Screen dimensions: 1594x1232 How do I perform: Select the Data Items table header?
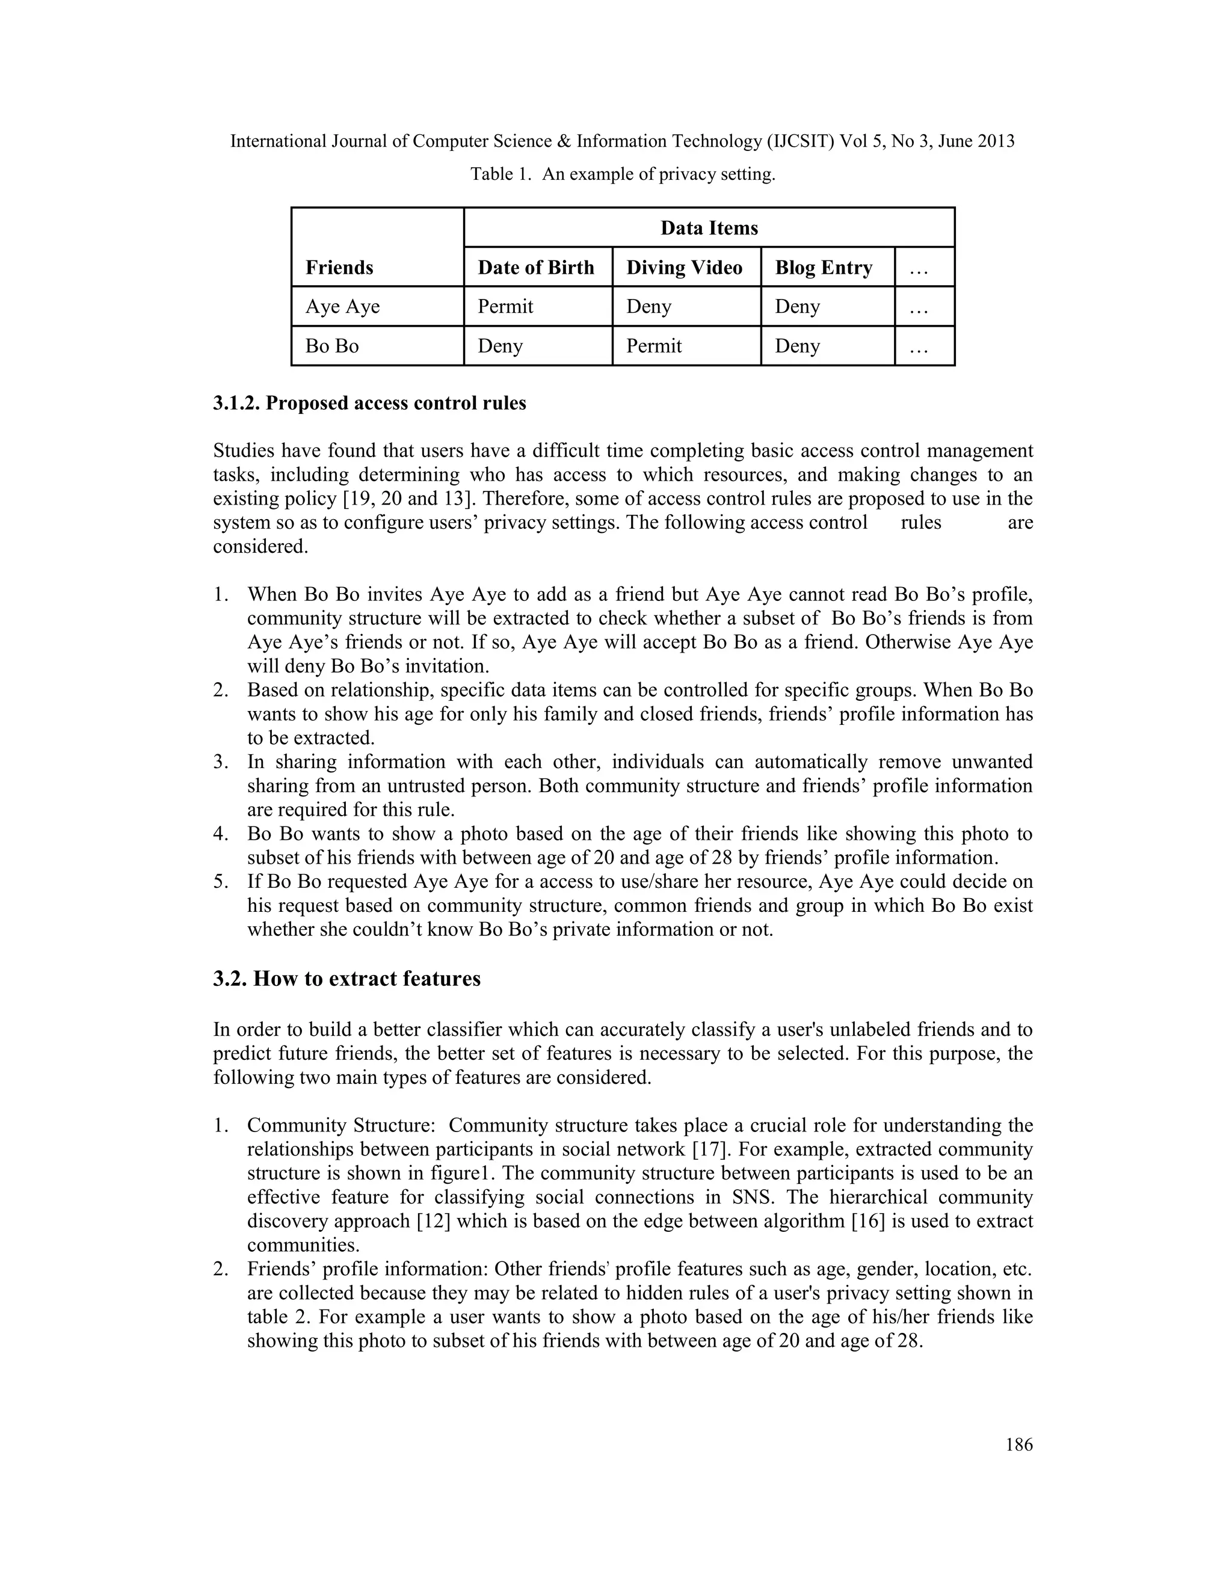709,229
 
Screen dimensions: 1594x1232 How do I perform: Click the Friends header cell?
339,268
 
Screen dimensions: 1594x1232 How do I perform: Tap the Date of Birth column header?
536,268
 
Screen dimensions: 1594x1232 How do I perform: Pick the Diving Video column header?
684,268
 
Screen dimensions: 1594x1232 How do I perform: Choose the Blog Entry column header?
824,268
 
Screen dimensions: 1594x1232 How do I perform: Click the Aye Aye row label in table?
342,307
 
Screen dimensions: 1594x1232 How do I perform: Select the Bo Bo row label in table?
332,346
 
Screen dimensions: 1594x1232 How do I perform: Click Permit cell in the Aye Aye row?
505,307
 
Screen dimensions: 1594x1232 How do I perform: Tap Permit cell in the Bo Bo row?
654,346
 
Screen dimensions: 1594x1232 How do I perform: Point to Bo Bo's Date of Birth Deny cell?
500,346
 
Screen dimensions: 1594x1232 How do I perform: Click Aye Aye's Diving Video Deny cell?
648,307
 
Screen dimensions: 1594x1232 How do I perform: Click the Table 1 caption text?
622,174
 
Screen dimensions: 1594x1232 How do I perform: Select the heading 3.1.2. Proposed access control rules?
369,404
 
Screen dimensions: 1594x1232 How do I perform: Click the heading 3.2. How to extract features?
346,979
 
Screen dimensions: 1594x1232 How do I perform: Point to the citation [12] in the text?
433,1221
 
